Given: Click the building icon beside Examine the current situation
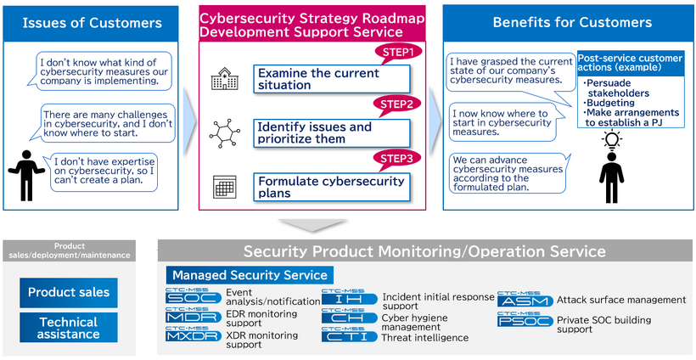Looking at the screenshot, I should click(222, 80).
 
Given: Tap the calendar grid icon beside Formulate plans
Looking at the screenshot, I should click(222, 186).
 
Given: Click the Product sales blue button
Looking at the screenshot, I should click(69, 292).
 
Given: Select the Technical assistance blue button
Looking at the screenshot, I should click(69, 328).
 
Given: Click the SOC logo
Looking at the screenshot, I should click(194, 297).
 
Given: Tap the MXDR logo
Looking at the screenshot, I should click(194, 336).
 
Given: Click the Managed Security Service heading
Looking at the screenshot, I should click(250, 275).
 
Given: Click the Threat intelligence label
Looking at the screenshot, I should click(425, 338).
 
